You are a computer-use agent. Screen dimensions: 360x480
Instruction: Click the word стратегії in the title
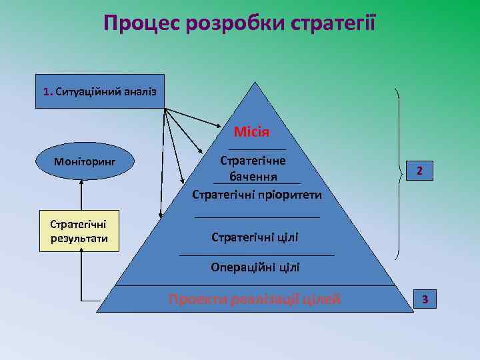click(333, 25)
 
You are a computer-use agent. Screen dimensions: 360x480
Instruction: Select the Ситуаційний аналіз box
click(100, 91)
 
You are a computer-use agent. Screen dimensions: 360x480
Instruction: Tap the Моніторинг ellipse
click(85, 161)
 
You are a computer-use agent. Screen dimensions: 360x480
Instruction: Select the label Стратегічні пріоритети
click(257, 195)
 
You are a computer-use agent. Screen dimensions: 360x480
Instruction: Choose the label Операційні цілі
click(255, 267)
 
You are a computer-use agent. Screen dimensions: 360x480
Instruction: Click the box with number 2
click(419, 171)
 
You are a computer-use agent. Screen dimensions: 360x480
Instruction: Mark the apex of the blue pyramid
click(253, 83)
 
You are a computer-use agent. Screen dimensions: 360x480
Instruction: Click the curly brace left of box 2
click(399, 173)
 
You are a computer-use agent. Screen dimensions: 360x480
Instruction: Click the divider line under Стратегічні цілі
click(257, 255)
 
